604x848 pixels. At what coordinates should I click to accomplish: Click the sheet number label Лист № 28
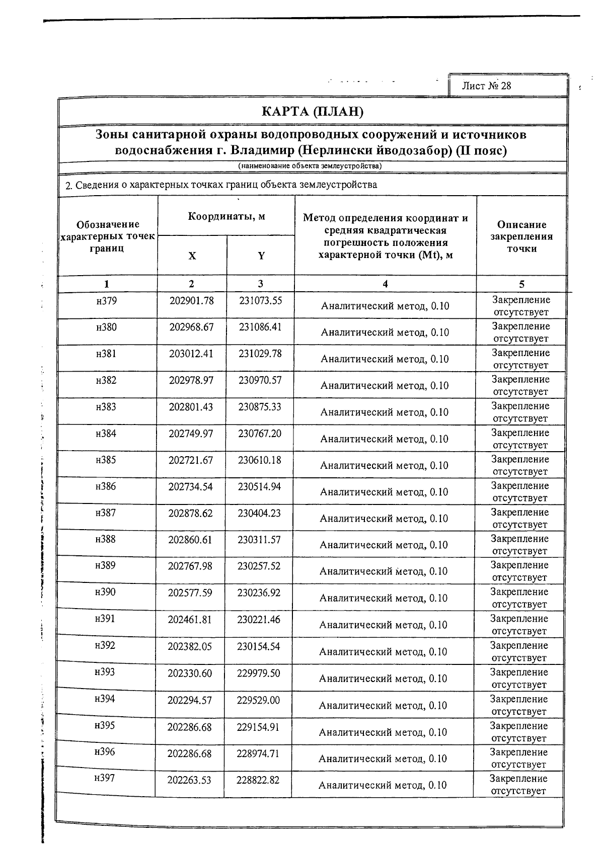(486, 86)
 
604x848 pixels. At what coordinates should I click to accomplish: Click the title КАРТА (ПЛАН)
(313, 111)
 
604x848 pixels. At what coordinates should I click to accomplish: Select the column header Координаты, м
(226, 216)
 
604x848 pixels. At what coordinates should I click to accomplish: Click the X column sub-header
(192, 256)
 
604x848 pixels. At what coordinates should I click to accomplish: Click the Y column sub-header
(261, 256)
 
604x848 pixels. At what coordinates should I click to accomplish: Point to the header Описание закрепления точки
(521, 236)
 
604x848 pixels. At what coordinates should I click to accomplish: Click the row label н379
(106, 301)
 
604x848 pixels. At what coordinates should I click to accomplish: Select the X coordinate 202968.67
(191, 327)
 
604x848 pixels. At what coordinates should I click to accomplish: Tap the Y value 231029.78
(260, 354)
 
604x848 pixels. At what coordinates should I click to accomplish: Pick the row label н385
(106, 460)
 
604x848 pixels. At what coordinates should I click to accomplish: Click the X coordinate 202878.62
(191, 513)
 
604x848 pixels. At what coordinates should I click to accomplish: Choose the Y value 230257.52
(259, 566)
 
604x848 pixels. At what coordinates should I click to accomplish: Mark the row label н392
(105, 645)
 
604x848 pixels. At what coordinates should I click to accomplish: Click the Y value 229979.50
(258, 673)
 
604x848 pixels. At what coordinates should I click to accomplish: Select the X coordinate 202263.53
(189, 780)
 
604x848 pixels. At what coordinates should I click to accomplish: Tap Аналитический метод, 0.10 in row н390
(384, 598)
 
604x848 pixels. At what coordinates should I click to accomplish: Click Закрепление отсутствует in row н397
(519, 785)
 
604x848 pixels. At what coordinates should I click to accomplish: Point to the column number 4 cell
(385, 284)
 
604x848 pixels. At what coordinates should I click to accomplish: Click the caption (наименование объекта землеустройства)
(310, 166)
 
